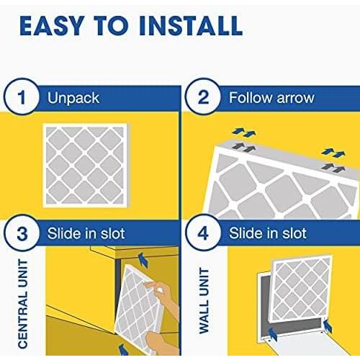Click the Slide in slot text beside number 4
[x=267, y=234]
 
